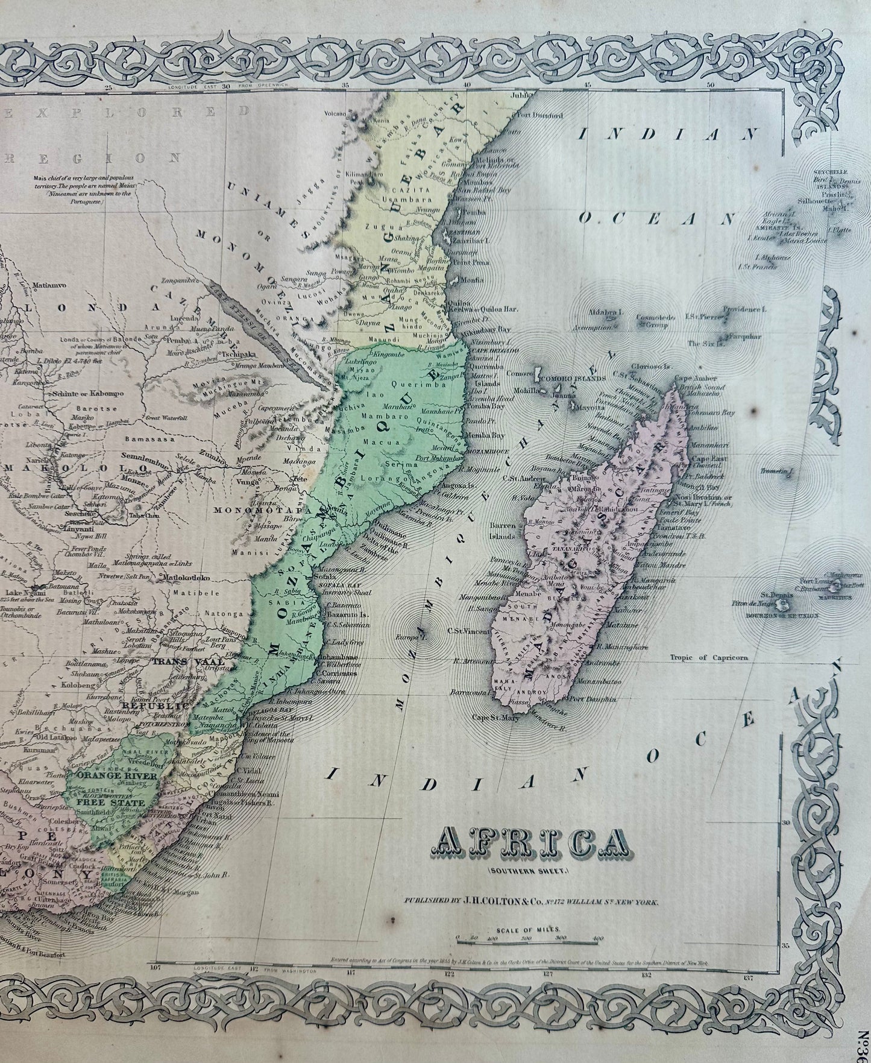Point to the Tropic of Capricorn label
tap(709, 658)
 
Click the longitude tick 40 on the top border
tap(466, 86)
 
